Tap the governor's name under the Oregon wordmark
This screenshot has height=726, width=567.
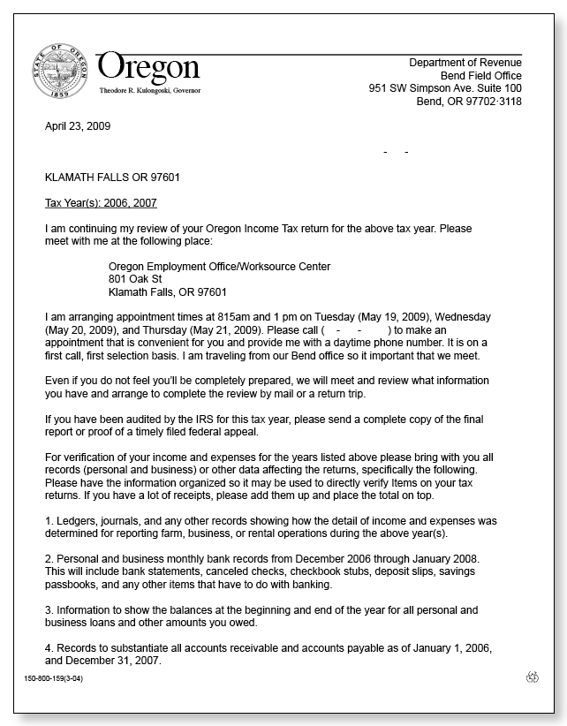148,91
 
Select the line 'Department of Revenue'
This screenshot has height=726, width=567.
465,63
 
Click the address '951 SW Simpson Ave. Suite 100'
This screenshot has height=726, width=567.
444,88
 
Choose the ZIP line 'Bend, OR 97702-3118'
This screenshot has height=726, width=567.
468,102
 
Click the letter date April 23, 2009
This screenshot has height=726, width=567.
78,126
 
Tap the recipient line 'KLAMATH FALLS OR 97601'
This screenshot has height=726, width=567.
112,178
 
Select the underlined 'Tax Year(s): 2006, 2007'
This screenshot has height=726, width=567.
101,203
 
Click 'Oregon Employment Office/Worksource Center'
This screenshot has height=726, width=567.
219,267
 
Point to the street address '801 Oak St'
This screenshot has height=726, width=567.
135,279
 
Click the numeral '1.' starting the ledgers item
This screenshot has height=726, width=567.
49,522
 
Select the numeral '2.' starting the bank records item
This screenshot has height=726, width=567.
49,560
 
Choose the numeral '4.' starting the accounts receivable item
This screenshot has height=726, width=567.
49,648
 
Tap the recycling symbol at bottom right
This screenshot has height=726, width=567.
532,677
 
